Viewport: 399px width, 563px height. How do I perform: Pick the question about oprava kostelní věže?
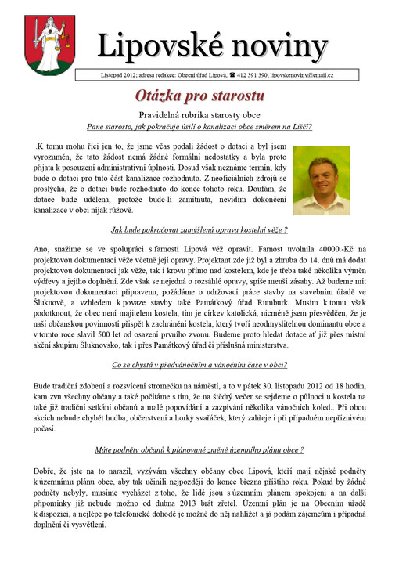[199, 229]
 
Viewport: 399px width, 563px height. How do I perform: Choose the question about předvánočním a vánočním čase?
[199, 364]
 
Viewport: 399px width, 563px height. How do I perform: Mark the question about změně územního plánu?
[199, 450]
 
